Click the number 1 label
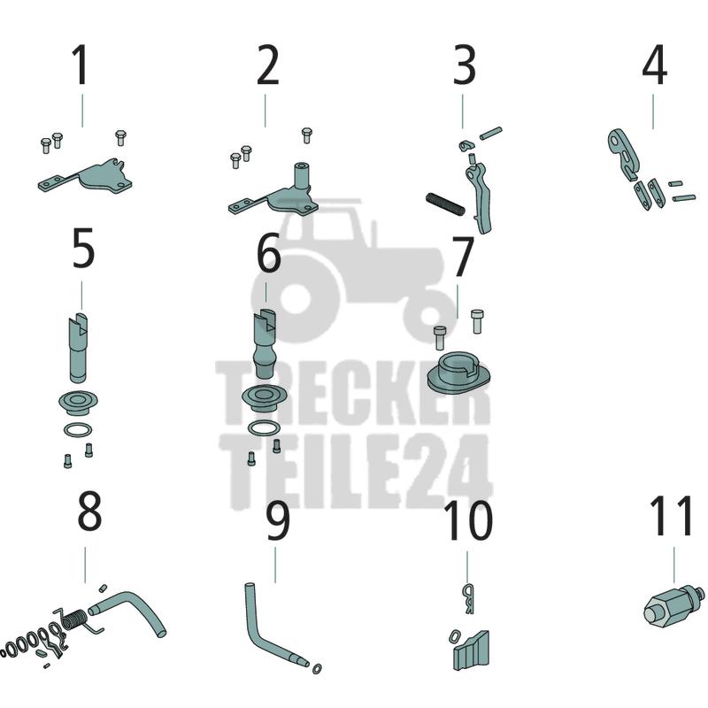81,65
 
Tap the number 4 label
654,65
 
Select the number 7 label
463,257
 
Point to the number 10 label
468,520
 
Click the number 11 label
671,515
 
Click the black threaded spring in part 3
445,204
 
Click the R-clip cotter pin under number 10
469,599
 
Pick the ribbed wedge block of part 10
472,651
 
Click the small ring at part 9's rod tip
318,668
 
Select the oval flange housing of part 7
458,373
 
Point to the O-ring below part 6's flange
264,427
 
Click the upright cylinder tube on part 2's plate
303,178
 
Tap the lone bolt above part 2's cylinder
306,135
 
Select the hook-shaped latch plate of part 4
623,153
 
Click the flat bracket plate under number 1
86,177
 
